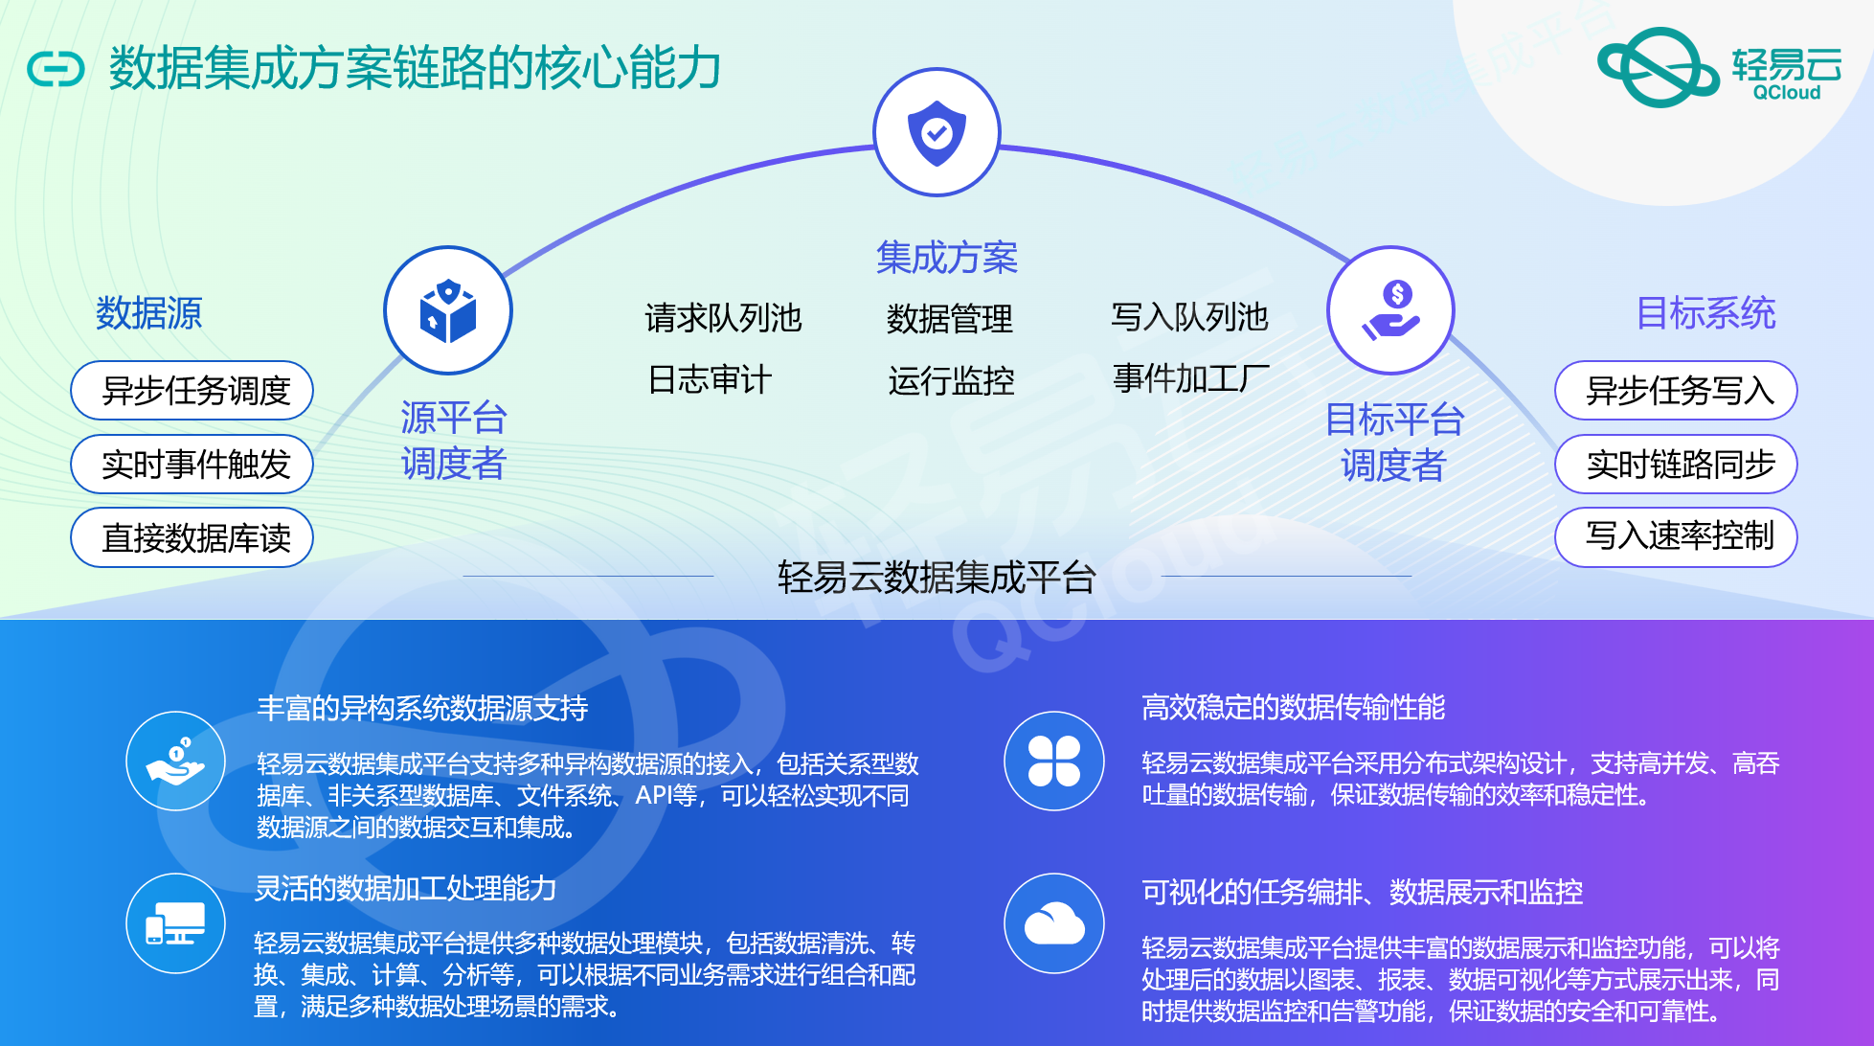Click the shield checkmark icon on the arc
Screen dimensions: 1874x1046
tap(937, 132)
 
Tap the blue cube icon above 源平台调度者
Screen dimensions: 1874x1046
tap(448, 310)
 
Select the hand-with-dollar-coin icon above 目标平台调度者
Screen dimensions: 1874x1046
tap(1390, 310)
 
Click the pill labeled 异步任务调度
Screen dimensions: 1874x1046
tap(192, 391)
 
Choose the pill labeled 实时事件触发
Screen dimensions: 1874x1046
tap(192, 465)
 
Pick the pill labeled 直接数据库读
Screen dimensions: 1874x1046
tap(192, 537)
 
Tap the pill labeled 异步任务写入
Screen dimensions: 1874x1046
tap(1676, 391)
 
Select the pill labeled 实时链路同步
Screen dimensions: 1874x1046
tap(1676, 465)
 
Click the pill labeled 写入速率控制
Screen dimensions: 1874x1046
tap(1676, 537)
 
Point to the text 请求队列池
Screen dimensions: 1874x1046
tap(723, 318)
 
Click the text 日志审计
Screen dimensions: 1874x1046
tap(709, 379)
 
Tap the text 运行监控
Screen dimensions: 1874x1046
tap(950, 380)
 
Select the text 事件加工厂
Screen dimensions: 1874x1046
tap(1191, 378)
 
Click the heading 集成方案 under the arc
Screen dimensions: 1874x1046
tap(946, 258)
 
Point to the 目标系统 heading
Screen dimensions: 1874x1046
tap(1705, 313)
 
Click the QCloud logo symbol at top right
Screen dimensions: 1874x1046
tap(1659, 67)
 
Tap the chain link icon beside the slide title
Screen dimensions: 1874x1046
tap(56, 69)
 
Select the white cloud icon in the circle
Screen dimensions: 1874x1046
tap(1054, 923)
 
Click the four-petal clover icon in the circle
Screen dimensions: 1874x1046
tap(1054, 762)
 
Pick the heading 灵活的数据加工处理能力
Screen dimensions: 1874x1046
tap(405, 888)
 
